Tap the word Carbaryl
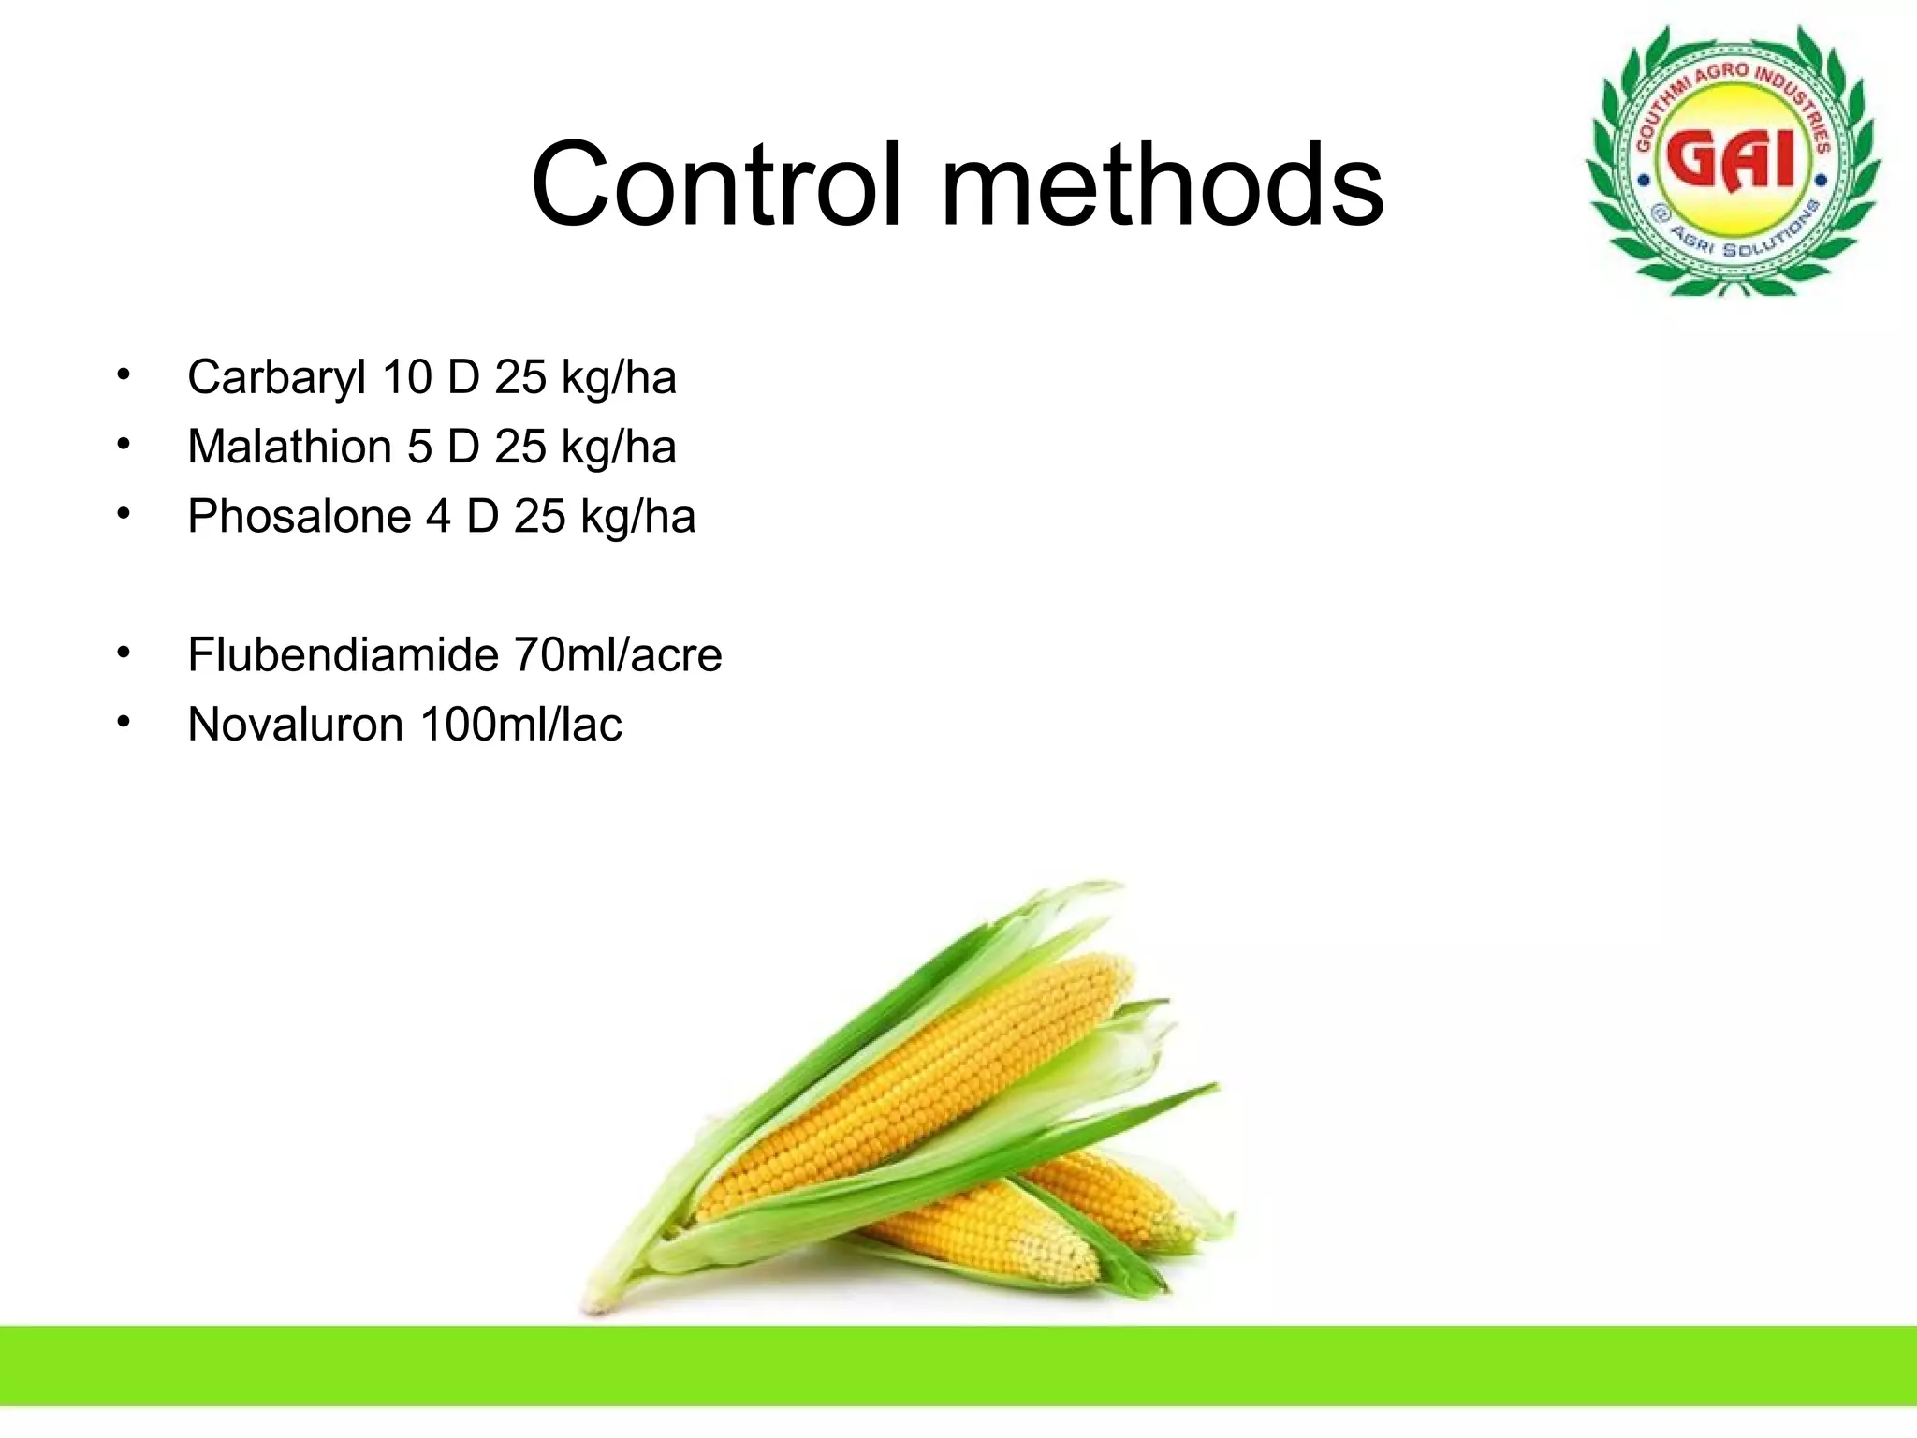276,378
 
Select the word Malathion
289,447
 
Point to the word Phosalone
299,517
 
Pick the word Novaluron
295,725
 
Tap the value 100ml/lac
521,725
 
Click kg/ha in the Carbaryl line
619,378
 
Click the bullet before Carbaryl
124,376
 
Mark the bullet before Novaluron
124,723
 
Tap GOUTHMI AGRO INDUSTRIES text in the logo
1732,89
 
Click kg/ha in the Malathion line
619,447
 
